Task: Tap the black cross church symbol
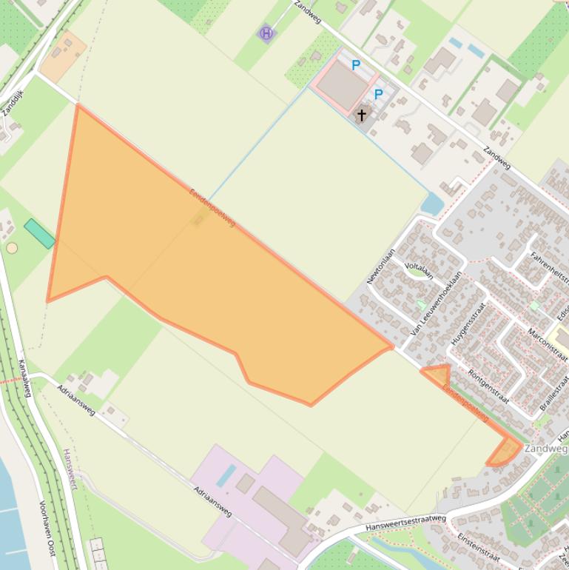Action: (x=362, y=115)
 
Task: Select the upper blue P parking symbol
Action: (x=356, y=66)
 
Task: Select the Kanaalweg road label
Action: (x=23, y=378)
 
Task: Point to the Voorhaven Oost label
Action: (x=47, y=523)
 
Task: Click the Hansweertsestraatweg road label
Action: (x=405, y=523)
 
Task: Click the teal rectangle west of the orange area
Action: (x=39, y=233)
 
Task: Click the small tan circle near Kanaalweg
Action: (x=12, y=248)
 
